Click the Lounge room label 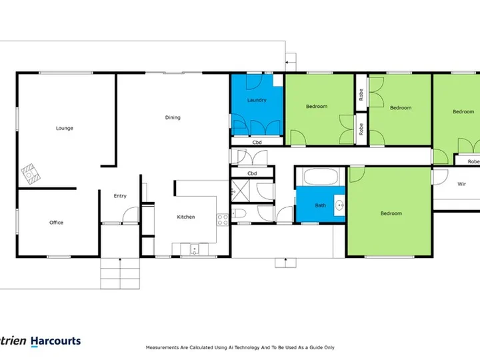(64, 128)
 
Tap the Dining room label (173, 117)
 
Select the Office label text (56, 223)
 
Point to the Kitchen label (186, 217)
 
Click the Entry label (120, 196)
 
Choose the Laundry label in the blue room (257, 100)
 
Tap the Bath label (321, 205)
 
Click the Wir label (461, 184)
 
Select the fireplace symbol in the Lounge (31, 174)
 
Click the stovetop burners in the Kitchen (223, 220)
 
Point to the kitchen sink (195, 249)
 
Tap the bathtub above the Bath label (321, 177)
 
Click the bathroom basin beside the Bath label (339, 205)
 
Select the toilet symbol (239, 213)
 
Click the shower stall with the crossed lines (241, 191)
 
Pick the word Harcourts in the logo (56, 341)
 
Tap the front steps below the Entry (120, 274)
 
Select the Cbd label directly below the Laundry (257, 143)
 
